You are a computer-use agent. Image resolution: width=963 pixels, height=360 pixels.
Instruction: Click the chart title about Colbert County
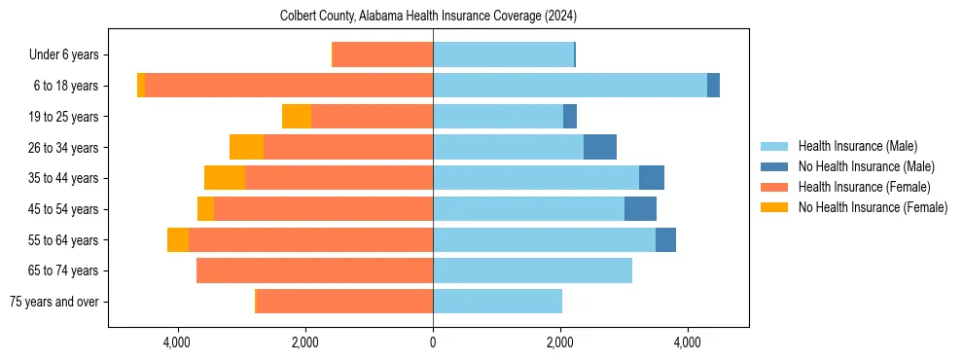(429, 16)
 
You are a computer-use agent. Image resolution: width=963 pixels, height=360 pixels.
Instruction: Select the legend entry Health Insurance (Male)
(857, 146)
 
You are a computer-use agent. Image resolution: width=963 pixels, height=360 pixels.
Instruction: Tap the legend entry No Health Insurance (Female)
(873, 207)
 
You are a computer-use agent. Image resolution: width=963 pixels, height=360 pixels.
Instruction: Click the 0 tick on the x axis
(433, 342)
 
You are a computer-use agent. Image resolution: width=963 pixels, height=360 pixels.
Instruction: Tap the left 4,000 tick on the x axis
(178, 342)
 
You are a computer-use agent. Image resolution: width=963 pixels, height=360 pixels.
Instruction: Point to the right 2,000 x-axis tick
(560, 342)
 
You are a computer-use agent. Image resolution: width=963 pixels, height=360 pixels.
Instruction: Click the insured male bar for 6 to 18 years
(570, 86)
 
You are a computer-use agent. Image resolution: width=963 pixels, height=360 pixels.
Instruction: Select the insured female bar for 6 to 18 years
(289, 86)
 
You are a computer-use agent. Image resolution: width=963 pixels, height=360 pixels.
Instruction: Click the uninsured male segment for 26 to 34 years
(600, 147)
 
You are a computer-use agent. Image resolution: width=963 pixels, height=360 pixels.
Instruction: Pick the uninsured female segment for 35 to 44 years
(225, 178)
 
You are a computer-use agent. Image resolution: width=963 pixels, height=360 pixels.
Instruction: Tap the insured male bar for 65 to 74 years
(532, 270)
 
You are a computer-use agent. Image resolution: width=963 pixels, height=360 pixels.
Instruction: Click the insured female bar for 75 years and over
(344, 302)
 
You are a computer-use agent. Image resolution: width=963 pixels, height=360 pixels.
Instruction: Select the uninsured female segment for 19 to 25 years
(297, 117)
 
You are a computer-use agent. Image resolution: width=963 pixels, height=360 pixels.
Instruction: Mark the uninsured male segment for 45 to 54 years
(640, 209)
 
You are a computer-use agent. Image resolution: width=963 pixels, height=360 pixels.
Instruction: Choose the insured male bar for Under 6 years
(503, 54)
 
